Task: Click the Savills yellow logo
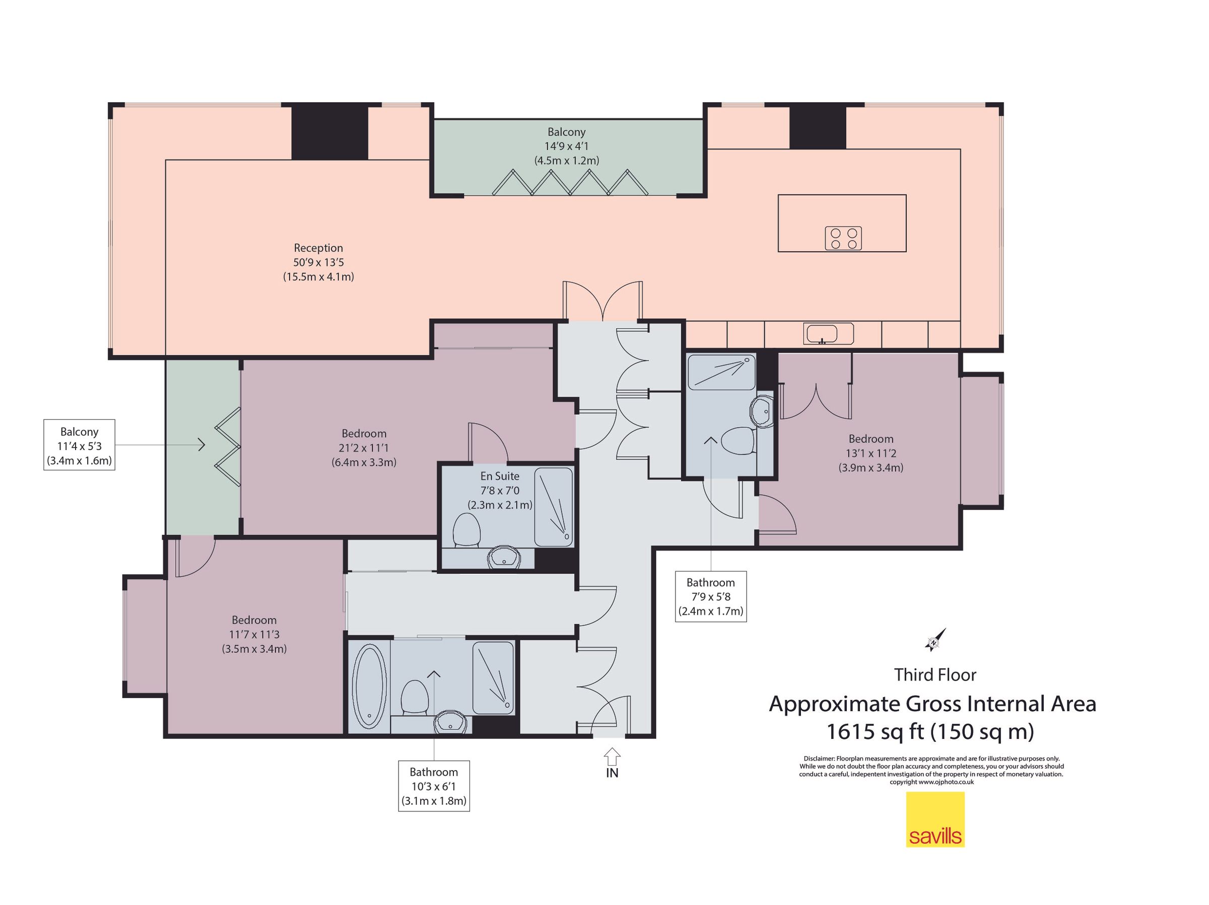(935, 819)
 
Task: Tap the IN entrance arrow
(612, 756)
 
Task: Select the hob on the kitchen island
(843, 238)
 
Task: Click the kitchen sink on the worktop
(829, 334)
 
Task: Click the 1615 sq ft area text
(930, 731)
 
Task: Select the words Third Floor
(935, 675)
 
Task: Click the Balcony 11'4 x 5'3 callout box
(79, 445)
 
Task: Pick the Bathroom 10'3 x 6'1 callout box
(434, 786)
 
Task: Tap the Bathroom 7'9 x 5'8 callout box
(710, 596)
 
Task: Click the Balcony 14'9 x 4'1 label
(567, 146)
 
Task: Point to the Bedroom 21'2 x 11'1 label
(364, 448)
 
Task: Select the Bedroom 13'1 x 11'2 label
(870, 454)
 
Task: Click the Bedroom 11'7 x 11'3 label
(254, 635)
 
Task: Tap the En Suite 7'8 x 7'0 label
(500, 490)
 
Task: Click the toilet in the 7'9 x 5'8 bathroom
(738, 440)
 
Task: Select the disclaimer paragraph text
(931, 770)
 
